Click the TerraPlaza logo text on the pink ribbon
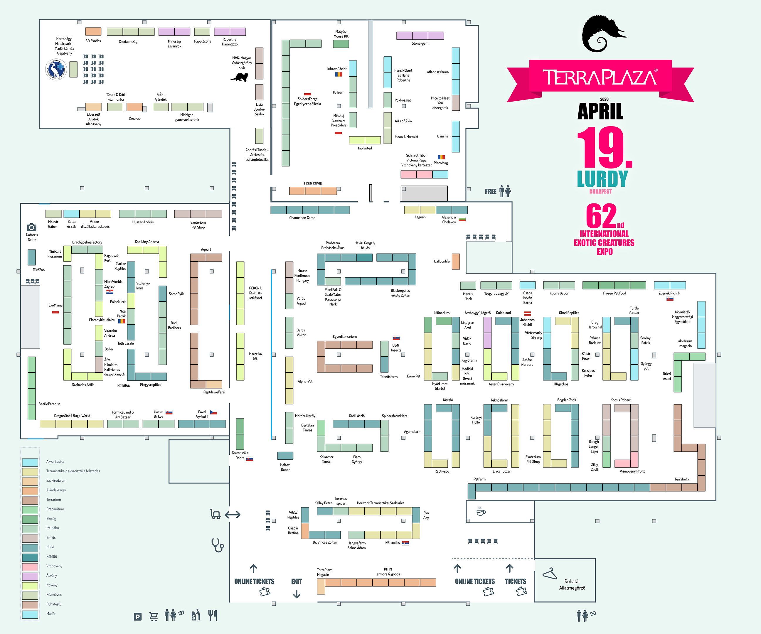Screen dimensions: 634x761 [x=600, y=77]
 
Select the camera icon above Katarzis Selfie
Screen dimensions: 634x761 [x=31, y=227]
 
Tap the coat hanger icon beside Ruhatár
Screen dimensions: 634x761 [x=549, y=574]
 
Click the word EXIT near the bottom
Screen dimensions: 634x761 [x=297, y=581]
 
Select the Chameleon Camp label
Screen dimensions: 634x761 [x=302, y=218]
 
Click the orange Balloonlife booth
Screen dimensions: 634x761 [x=455, y=261]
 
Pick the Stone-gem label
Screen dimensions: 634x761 [x=420, y=43]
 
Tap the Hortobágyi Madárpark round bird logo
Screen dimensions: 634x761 [x=56, y=70]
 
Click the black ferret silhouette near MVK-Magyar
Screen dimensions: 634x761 [x=240, y=77]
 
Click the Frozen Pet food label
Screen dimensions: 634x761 [x=614, y=293]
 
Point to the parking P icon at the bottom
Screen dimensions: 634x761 [x=138, y=617]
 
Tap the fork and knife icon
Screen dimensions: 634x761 [x=213, y=615]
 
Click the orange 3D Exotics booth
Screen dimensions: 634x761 [x=93, y=31]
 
